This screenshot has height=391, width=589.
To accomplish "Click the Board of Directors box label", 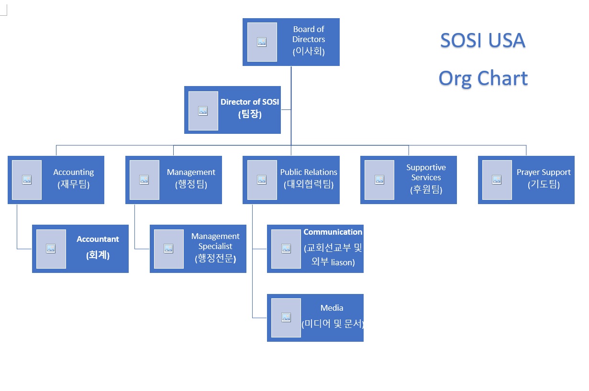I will coord(309,34).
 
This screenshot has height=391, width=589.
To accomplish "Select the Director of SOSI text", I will coord(250,102).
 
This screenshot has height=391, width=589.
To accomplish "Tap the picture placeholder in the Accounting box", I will coord(27,180).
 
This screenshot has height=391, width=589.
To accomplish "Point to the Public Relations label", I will coord(309,172).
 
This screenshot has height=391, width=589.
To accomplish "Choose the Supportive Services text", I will coord(426,172).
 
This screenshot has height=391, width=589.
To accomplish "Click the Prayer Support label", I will coord(544,172).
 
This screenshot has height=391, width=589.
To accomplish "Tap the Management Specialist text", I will coord(215,241).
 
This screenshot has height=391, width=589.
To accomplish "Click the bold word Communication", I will coord(333,232).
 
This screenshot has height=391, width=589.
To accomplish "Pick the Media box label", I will coord(332,308).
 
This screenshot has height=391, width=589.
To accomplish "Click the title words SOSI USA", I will coord(482,41).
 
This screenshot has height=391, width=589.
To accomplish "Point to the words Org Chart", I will coord(483,78).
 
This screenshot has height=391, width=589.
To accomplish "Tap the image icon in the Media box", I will coord(286,317).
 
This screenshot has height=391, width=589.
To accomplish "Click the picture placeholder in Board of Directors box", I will coord(262,42).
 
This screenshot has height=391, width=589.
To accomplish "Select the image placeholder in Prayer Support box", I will coord(497,180).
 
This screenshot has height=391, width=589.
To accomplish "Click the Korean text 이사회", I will coord(309,52).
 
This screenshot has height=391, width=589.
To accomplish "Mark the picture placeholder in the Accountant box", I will coord(51,249).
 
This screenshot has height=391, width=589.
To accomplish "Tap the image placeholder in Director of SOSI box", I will coord(203,111).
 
